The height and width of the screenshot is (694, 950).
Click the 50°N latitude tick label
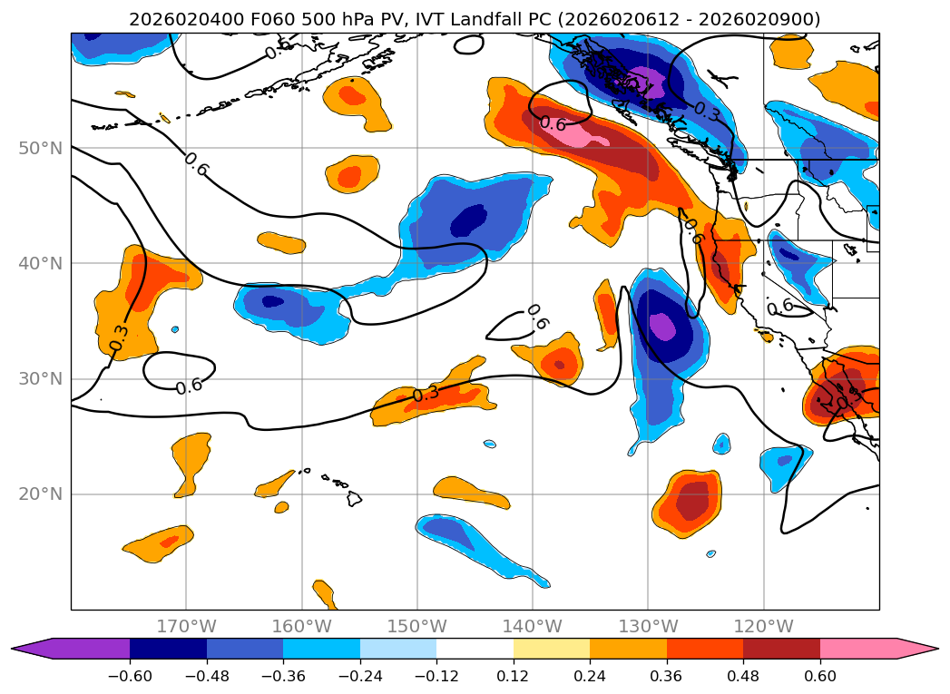pos(40,148)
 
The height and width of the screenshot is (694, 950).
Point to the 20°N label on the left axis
pos(40,494)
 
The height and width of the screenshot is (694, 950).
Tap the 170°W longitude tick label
pos(186,626)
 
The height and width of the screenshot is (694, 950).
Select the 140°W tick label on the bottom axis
pos(533,626)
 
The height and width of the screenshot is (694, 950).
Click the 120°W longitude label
pos(763,626)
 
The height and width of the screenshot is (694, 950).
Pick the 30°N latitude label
pos(40,379)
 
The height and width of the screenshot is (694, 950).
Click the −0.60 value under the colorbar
pos(130,676)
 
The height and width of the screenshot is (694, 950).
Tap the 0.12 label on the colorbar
pos(514,676)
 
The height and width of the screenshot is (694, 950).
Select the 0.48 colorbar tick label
pos(743,676)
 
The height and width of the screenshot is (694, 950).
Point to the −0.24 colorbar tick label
pos(360,676)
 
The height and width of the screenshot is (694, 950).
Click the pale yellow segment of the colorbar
pos(552,649)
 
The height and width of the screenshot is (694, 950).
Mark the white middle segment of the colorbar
pos(475,649)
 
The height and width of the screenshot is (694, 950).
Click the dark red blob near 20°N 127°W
pos(692,498)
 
